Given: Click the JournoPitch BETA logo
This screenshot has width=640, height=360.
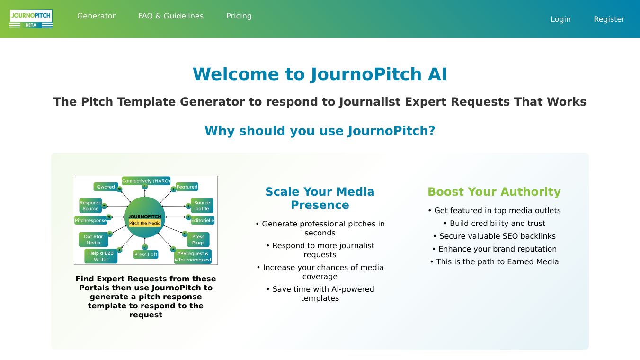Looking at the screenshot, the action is click(31, 19).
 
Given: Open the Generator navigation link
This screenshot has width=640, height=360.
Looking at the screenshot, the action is click(96, 16).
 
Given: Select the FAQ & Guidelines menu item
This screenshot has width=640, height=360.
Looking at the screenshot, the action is click(171, 16).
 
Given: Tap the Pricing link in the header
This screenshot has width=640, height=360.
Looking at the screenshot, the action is click(239, 16).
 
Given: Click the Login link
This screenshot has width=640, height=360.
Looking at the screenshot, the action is click(560, 19).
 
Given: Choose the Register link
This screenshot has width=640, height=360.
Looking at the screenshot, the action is click(609, 19).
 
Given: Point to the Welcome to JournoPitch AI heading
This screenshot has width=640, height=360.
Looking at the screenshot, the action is click(320, 74).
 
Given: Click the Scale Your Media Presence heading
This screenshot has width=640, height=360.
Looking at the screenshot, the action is click(320, 198).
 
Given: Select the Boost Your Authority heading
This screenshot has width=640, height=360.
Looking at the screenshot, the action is click(494, 191).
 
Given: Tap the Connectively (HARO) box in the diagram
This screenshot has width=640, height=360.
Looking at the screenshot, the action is click(146, 181).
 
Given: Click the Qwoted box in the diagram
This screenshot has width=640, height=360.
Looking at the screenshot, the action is click(106, 187).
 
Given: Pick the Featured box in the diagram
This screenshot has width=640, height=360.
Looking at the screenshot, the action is click(187, 187).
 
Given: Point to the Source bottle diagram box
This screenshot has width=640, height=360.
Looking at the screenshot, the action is click(202, 206).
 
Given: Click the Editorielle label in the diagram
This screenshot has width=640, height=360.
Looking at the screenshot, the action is click(203, 220).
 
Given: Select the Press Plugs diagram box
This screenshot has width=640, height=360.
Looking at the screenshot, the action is click(198, 240).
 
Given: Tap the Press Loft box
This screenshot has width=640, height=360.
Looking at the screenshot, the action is click(146, 254).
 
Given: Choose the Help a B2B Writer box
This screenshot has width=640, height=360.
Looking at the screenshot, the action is click(100, 256).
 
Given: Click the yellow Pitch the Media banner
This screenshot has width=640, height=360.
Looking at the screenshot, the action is click(145, 223).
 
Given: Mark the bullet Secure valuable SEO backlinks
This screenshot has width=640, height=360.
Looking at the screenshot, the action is click(494, 236).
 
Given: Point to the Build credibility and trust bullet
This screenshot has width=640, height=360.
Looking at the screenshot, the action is click(494, 223).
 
